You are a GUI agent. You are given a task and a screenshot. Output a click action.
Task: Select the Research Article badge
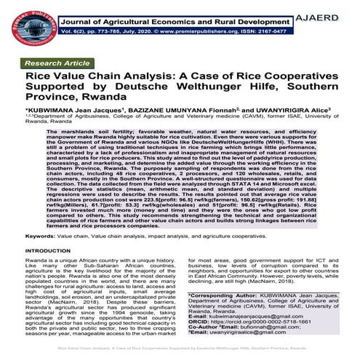click(54, 64)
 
